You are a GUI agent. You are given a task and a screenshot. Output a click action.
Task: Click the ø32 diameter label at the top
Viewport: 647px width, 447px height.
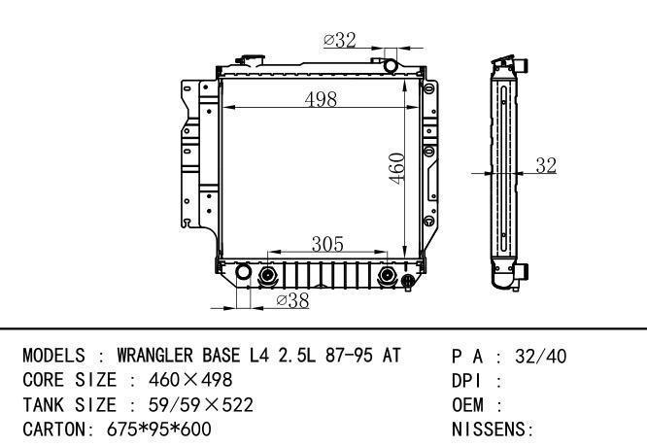tap(340, 40)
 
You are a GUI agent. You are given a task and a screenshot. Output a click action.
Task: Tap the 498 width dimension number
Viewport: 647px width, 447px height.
tap(321, 99)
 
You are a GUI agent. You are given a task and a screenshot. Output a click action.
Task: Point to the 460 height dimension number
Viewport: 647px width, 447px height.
tap(397, 168)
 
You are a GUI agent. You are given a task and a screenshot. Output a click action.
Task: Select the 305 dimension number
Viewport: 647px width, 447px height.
tap(327, 244)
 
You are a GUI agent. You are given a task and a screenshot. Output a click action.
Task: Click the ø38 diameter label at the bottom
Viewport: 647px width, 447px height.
tap(292, 300)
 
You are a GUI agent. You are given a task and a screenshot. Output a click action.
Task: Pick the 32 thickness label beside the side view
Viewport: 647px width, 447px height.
tap(546, 165)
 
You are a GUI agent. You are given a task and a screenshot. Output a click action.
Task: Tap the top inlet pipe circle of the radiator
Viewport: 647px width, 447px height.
tap(390, 66)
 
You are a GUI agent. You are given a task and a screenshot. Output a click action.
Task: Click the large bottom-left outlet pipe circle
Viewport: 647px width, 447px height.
tap(243, 271)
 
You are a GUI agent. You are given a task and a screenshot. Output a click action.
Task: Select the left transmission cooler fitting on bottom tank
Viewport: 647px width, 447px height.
tap(267, 275)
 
